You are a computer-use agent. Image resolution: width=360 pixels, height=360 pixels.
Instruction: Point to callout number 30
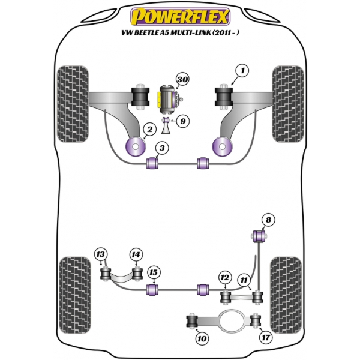tap(183, 80)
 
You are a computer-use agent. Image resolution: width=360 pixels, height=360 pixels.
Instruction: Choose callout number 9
tap(183, 121)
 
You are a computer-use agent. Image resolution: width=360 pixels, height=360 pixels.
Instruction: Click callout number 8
tap(268, 221)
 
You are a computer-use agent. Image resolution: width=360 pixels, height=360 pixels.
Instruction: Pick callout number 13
tap(101, 256)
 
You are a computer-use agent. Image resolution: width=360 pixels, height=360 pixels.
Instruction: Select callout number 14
tap(136, 255)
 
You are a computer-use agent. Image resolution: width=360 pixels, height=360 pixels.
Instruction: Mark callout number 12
tap(224, 278)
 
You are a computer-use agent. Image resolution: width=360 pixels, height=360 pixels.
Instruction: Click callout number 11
tap(244, 280)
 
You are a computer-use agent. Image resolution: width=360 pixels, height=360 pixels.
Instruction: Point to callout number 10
tap(202, 340)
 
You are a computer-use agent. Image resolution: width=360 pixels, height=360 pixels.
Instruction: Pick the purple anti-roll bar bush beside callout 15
tap(153, 290)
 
